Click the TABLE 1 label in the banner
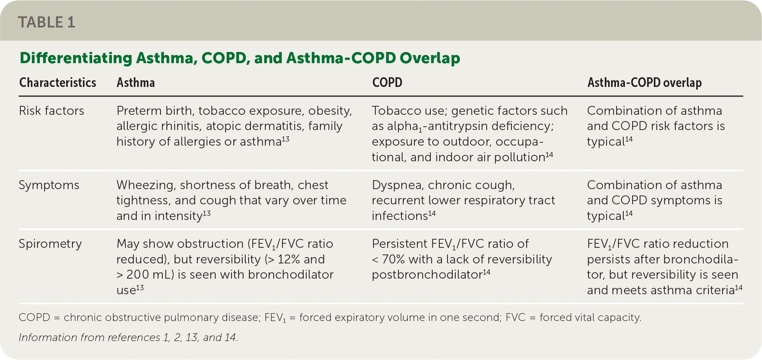pos(46,22)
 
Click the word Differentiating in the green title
pos(76,58)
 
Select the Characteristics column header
pos(58,82)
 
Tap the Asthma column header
pos(136,82)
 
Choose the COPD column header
pos(387,82)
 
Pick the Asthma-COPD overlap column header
pos(645,82)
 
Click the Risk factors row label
pos(51,111)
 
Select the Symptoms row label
pos(49,185)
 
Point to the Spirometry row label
pos(50,244)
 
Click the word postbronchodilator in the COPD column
pos(427,275)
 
